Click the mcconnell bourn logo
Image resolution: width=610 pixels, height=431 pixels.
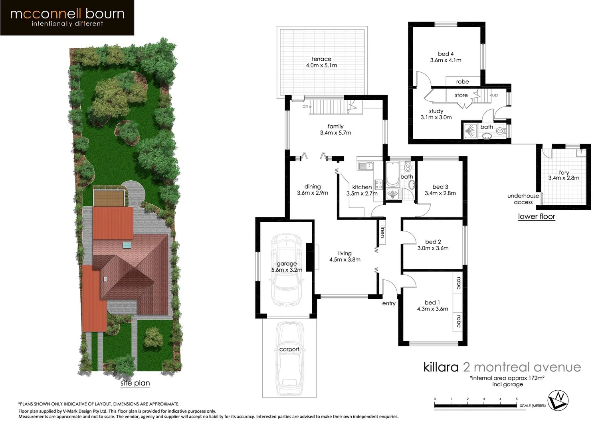click(67, 18)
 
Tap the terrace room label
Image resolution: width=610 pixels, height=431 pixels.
click(321, 59)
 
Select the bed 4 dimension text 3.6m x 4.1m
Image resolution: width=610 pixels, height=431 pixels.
click(446, 60)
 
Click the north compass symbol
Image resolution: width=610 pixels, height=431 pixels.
click(558, 400)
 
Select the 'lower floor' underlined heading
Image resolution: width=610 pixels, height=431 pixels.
click(537, 216)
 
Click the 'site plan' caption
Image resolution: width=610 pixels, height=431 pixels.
click(135, 383)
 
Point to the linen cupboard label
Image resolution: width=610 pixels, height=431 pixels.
click(382, 231)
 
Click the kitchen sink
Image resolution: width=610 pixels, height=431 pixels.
click(365, 166)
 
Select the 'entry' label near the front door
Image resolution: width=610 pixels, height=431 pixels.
click(388, 303)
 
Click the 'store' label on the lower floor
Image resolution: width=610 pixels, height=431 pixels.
click(461, 95)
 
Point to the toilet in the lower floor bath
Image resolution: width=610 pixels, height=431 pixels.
click(502, 130)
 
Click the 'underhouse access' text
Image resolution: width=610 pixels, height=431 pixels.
click(523, 199)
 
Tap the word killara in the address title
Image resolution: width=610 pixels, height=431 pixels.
click(441, 367)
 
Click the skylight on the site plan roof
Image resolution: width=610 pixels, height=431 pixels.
click(127, 245)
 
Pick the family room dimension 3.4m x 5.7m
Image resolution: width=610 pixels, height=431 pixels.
click(335, 133)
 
